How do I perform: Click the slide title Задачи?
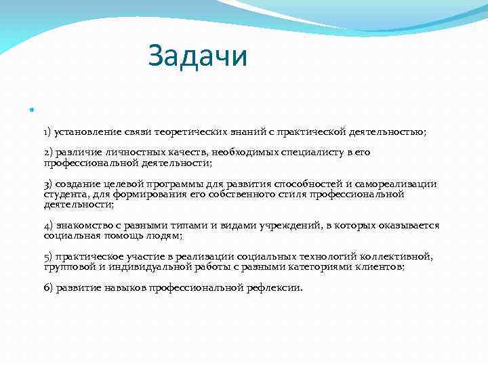(x=199, y=56)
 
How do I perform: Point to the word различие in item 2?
(x=77, y=152)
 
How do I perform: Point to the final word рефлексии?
(x=274, y=287)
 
